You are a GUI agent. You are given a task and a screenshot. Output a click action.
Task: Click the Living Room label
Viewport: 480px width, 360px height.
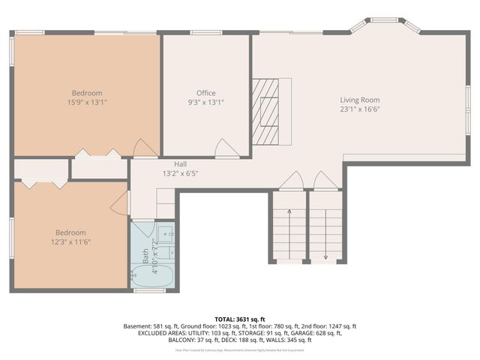360,100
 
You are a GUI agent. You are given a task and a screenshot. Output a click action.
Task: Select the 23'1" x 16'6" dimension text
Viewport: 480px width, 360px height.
360,109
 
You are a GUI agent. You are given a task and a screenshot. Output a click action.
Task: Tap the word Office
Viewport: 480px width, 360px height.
206,93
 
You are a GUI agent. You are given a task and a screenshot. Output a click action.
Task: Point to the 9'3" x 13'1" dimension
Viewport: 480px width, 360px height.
206,103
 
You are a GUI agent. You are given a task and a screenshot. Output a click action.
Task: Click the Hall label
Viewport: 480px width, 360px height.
181,163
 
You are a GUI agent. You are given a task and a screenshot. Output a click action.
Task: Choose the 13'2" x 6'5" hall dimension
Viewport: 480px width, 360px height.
181,173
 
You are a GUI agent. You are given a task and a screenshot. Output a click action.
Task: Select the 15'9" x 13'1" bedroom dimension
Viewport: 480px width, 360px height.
87,103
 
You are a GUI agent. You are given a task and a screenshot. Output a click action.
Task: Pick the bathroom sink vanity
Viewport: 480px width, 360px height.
166,233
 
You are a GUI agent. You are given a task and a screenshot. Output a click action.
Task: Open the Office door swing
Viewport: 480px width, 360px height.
226,148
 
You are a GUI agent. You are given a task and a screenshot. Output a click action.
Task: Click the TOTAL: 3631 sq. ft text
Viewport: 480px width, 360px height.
240,318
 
